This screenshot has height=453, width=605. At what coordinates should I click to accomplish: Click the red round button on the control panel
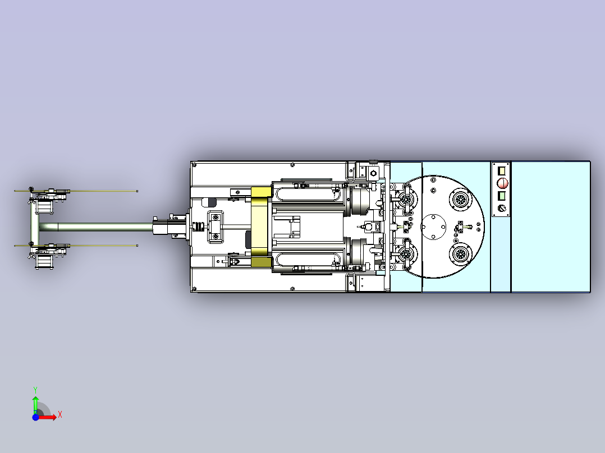(502, 183)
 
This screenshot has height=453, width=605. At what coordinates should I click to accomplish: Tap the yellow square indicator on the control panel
(502, 170)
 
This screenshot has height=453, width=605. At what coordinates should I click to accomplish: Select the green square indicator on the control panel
(502, 196)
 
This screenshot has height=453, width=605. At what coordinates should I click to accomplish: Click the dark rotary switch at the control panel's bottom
(502, 208)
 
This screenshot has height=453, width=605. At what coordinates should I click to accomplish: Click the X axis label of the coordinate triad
(60, 415)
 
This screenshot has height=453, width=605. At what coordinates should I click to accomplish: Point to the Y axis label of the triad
(35, 390)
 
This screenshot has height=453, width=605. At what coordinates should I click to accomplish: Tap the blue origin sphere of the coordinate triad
(35, 417)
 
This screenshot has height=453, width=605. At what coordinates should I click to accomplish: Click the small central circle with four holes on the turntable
(433, 227)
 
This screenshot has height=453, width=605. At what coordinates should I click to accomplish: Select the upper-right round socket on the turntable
(460, 200)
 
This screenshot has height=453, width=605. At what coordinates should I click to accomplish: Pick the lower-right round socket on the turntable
(460, 254)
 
